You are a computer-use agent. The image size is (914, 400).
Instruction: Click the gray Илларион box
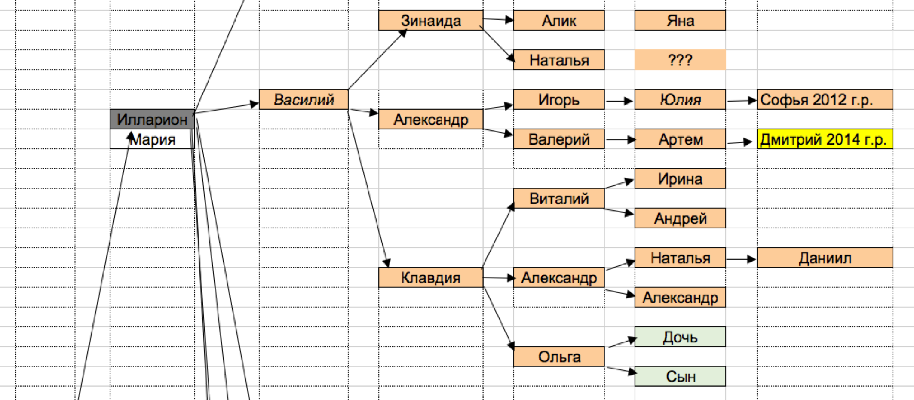point(152,119)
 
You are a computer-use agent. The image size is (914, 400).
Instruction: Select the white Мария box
point(152,139)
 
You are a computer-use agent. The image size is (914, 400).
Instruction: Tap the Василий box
point(304,99)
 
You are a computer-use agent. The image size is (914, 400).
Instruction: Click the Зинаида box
point(431,20)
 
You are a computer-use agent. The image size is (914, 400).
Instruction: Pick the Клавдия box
point(431,277)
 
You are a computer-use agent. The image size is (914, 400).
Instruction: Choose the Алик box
point(559,20)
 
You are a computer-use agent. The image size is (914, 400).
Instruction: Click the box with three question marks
point(680,60)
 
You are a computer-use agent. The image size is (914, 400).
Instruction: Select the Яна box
point(680,20)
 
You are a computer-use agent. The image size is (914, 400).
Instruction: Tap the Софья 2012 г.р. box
point(825,99)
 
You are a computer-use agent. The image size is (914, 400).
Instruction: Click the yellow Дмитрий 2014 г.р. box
point(825,139)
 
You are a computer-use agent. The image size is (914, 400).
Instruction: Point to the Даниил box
point(825,258)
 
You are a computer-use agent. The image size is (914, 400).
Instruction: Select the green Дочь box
point(680,337)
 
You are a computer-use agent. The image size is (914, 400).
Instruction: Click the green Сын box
point(680,376)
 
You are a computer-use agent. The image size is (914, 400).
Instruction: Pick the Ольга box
point(559,357)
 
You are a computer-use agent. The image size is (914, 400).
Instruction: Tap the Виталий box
point(559,198)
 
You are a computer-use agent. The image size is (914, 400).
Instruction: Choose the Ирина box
point(680,178)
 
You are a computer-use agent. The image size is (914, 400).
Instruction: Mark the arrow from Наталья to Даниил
point(741,259)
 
